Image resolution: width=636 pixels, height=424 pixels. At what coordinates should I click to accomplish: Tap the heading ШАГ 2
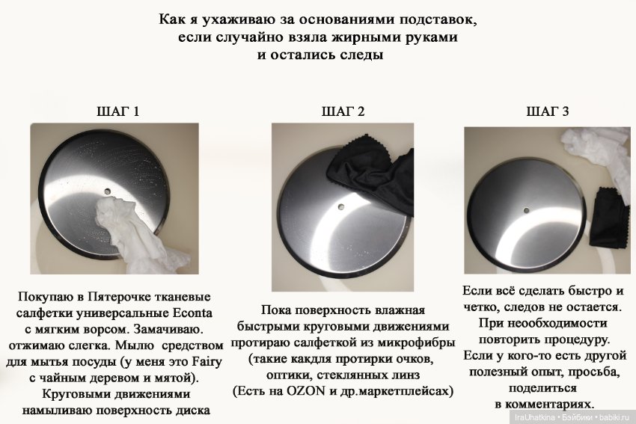pyautogui.click(x=343, y=112)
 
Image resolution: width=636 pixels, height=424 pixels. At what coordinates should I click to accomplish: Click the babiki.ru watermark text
pyautogui.click(x=617, y=417)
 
